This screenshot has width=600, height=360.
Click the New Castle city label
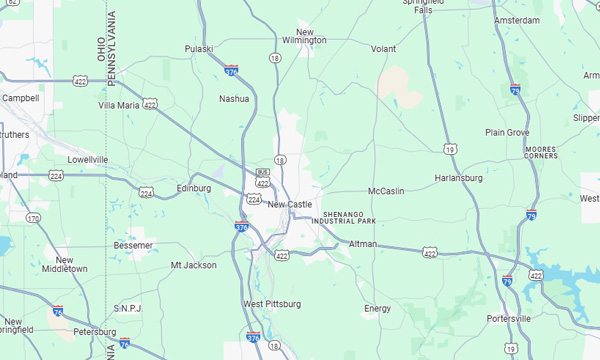point(289,204)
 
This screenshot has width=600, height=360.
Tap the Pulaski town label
point(201,48)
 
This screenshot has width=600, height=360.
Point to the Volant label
point(383,48)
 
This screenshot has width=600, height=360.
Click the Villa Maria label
point(119,104)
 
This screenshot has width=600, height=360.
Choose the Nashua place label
point(234,98)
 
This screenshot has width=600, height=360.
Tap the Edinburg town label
point(194,188)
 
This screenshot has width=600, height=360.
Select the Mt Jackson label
point(193,265)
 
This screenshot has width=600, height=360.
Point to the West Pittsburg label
point(271,303)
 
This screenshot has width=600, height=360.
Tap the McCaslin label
point(386,190)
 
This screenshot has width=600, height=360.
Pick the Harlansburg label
point(459,178)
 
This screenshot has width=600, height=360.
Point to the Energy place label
point(377,308)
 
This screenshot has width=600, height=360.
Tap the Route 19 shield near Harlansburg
point(451,148)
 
